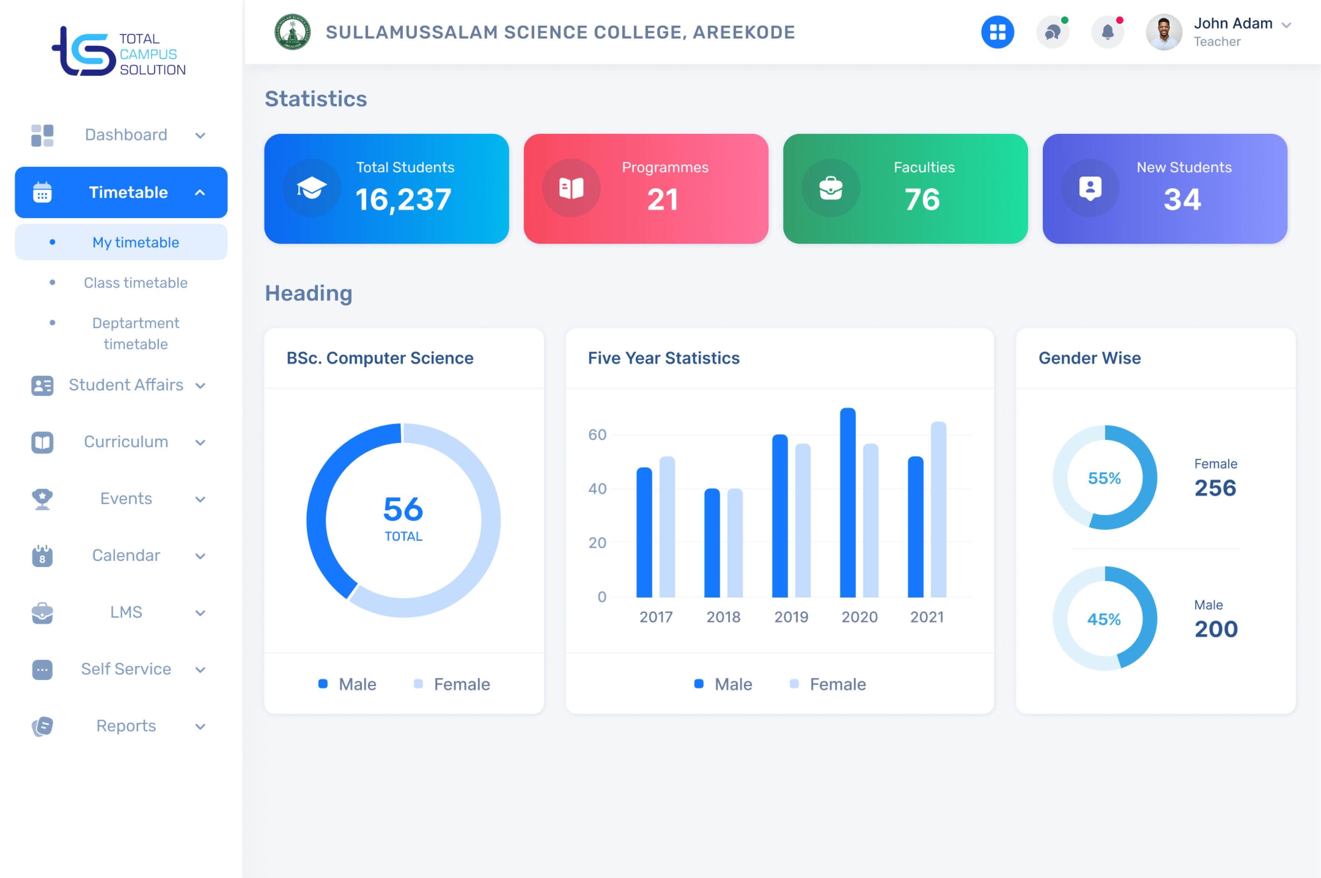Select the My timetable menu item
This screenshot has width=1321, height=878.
click(x=135, y=242)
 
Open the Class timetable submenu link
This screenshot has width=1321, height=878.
click(x=135, y=283)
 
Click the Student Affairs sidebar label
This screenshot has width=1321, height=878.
click(x=126, y=385)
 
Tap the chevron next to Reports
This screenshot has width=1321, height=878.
click(x=200, y=727)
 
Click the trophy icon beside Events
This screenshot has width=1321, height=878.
click(x=42, y=499)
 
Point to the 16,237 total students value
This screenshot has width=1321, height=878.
click(x=403, y=200)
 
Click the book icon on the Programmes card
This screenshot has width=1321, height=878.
click(x=571, y=188)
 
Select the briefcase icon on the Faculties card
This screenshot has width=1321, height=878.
click(x=830, y=188)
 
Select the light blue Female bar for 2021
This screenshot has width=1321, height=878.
click(x=938, y=509)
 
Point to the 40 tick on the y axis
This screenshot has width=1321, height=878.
click(x=597, y=489)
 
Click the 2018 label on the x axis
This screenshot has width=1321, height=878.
click(x=723, y=617)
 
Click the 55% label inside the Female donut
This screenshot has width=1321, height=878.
click(x=1104, y=478)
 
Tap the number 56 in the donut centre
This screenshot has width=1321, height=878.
click(x=403, y=509)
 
